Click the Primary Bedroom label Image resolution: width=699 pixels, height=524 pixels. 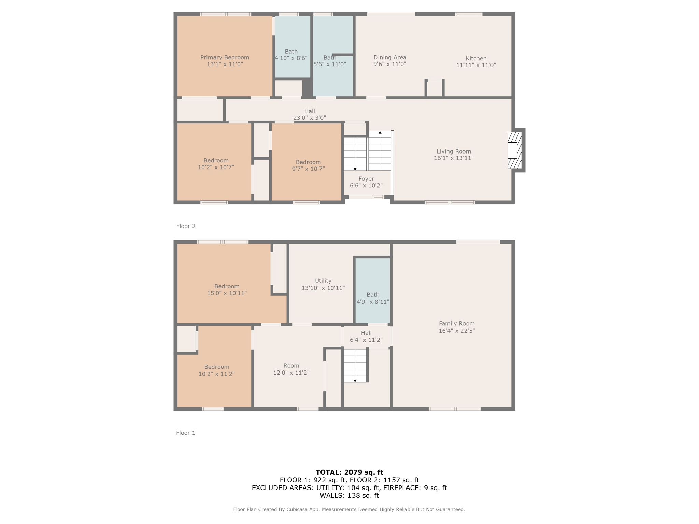pos(225,58)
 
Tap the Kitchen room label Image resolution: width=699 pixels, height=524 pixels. pos(476,58)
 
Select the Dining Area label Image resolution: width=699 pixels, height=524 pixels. pos(390,58)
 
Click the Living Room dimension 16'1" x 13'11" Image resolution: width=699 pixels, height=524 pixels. pos(454,158)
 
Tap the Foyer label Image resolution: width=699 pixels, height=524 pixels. pos(366,179)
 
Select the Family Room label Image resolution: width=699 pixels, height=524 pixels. pos(457,323)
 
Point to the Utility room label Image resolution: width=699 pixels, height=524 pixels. pos(323,281)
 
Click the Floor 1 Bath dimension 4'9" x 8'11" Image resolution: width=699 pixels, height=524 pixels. pos(373,302)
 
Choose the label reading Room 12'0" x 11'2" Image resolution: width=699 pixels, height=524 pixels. pos(291,369)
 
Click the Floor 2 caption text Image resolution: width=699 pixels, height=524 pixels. pos(186,226)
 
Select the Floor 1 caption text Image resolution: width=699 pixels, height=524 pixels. pos(186,433)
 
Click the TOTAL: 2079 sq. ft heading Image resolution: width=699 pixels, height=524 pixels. pos(349,472)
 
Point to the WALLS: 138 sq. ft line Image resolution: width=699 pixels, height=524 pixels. pos(349,495)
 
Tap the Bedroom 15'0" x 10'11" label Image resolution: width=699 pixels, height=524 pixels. pos(227,290)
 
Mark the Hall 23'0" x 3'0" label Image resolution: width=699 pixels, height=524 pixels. pos(310,114)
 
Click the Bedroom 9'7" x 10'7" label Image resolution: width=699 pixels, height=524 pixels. pos(308,165)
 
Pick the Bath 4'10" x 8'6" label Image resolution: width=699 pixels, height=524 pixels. pos(291,55)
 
